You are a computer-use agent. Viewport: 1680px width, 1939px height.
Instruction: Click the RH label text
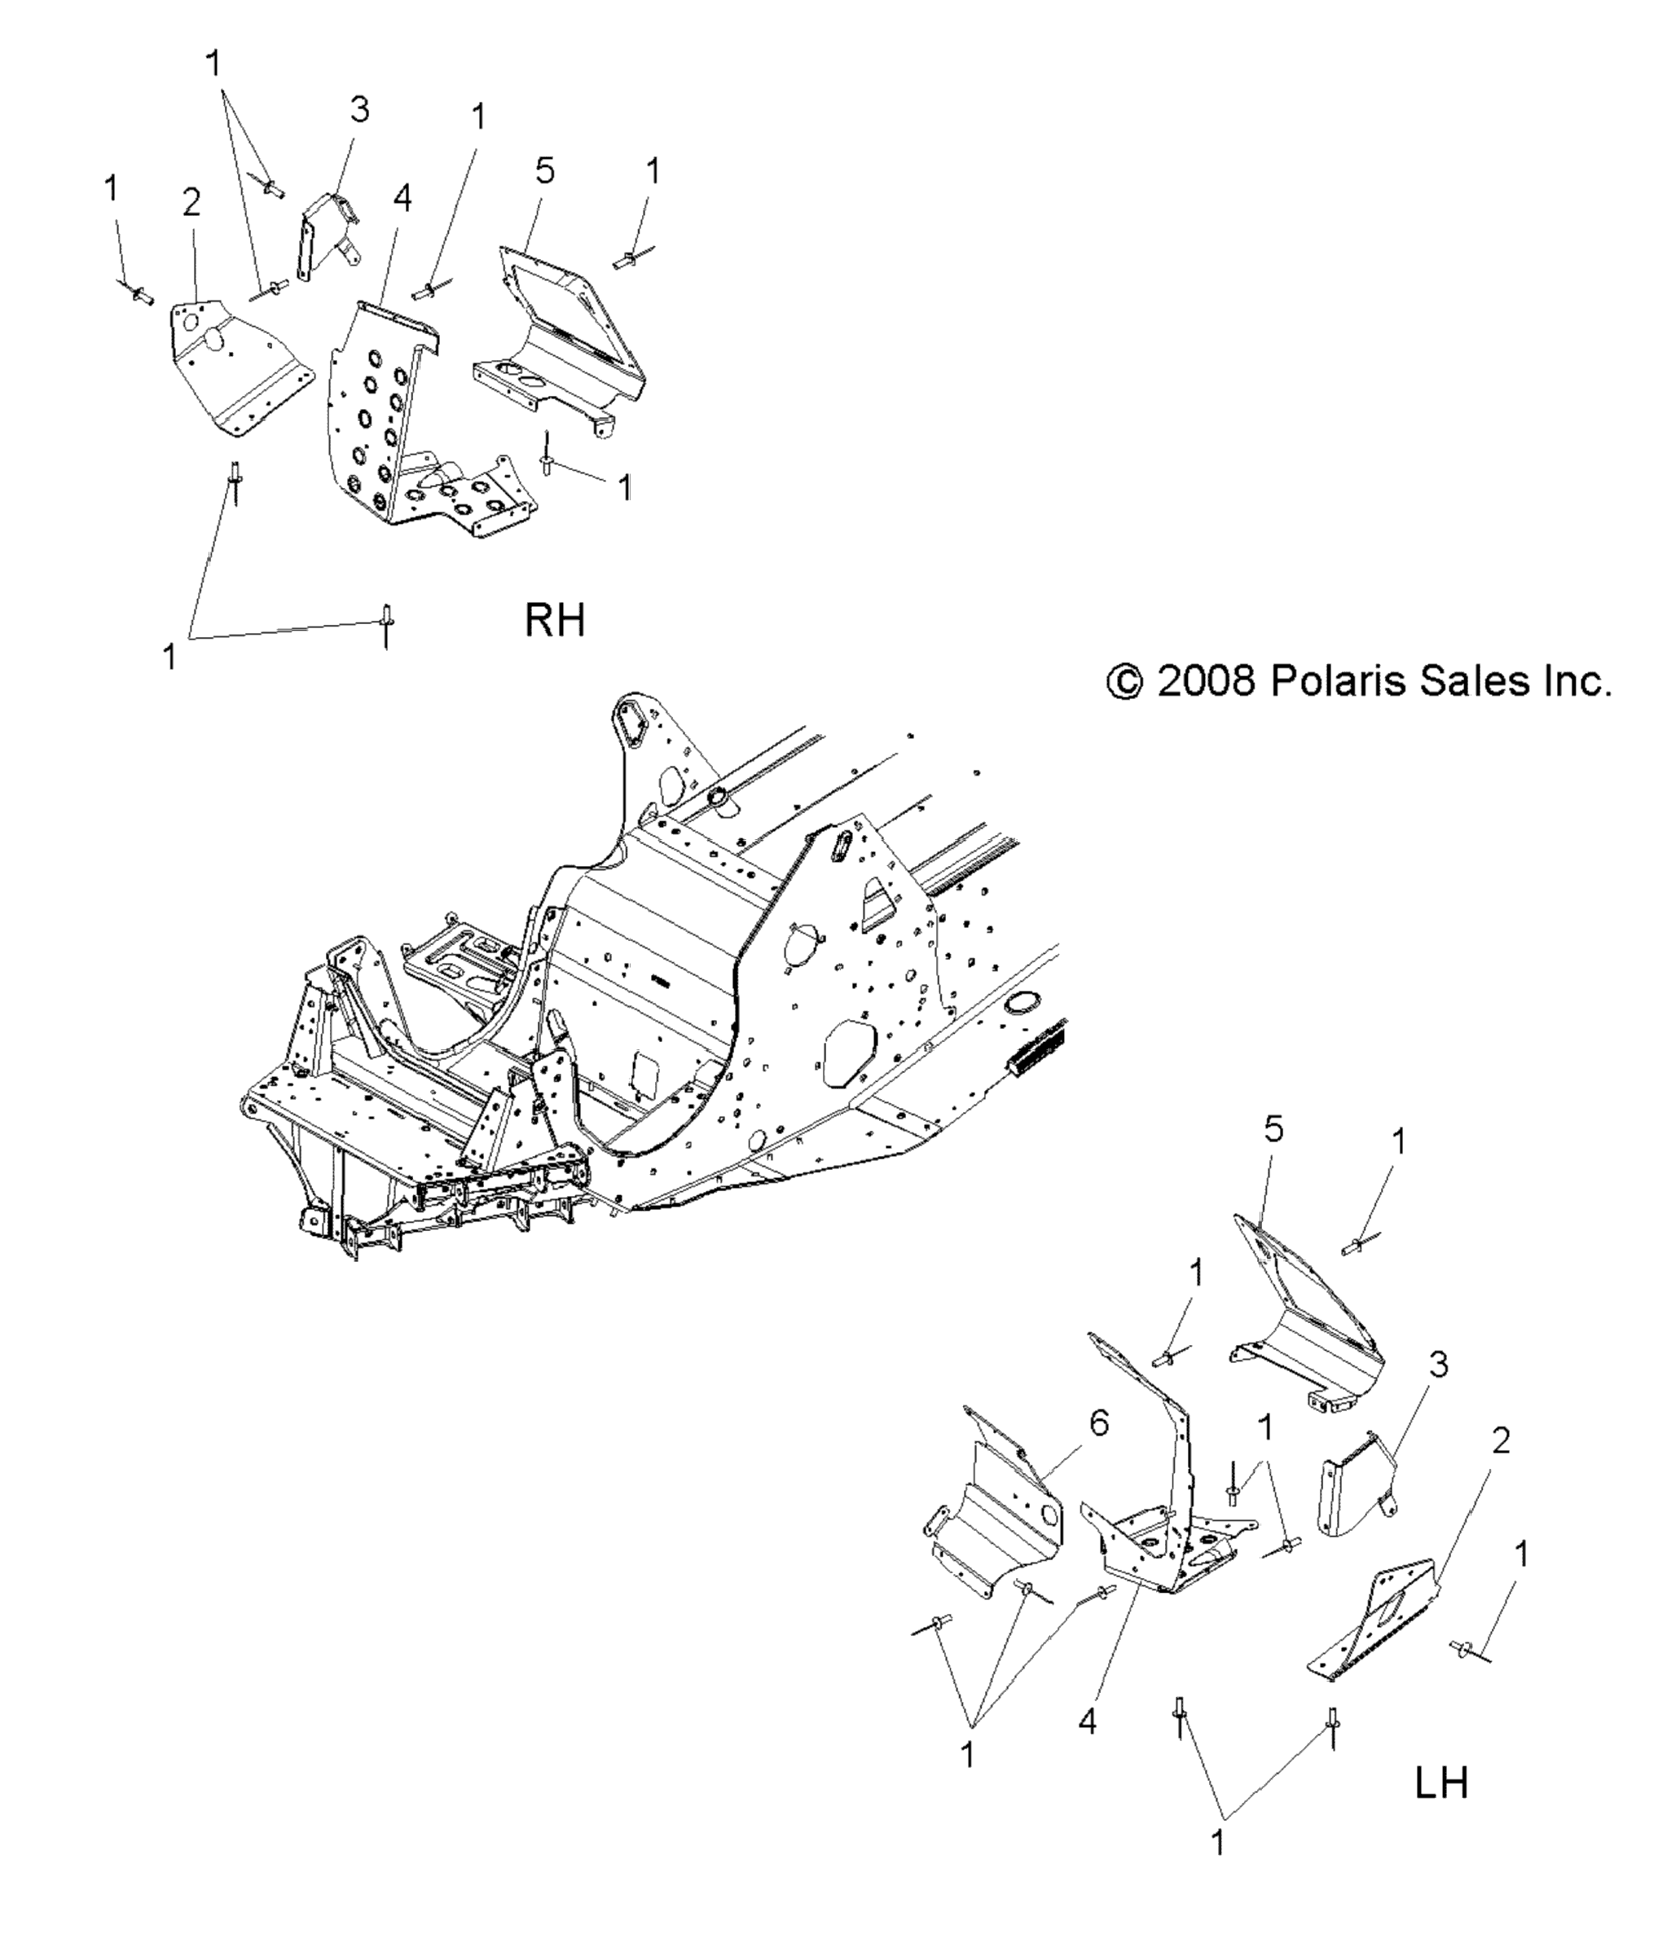click(554, 621)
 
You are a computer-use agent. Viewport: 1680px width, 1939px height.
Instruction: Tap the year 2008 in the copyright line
click(1207, 681)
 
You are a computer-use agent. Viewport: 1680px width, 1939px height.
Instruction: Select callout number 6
click(1099, 1423)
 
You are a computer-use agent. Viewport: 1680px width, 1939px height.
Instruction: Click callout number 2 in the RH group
click(191, 201)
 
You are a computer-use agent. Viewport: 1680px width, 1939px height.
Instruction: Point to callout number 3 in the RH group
click(359, 110)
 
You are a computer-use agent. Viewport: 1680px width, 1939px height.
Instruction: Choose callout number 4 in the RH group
click(402, 198)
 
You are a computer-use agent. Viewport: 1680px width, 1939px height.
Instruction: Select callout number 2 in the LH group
click(1501, 1441)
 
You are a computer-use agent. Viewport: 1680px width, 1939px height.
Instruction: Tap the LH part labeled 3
click(1357, 1493)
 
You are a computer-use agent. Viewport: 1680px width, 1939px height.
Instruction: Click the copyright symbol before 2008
click(1124, 682)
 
